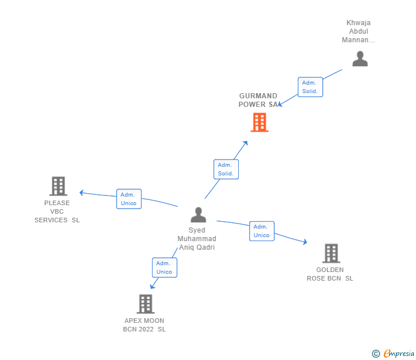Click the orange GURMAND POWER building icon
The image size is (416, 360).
[x=259, y=122]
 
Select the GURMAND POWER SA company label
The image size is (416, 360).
[x=258, y=100]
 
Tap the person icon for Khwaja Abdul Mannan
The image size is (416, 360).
[x=360, y=59]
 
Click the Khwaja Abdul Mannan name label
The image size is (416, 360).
[x=358, y=31]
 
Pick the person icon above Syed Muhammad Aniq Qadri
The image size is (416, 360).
[x=198, y=215]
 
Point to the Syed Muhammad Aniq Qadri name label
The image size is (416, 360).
[x=197, y=238]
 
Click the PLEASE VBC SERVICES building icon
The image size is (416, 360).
[x=58, y=186]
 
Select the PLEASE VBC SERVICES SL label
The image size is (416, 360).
[x=57, y=211]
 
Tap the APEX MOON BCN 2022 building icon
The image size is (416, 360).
[x=146, y=304]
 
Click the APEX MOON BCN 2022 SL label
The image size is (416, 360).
[x=145, y=325]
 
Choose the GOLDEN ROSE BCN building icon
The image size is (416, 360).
[x=331, y=253]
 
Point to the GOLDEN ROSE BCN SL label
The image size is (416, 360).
[x=330, y=274]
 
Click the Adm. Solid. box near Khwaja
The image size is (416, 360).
[x=310, y=87]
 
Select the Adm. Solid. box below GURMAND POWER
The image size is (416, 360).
[x=226, y=169]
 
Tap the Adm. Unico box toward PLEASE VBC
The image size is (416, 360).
[x=129, y=199]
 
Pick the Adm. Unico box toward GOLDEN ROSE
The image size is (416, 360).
[x=262, y=231]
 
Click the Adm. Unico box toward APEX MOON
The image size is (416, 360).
[x=165, y=267]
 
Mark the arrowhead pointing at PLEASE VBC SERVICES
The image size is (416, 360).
[x=82, y=193]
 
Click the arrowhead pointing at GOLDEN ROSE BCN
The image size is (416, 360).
[x=305, y=241]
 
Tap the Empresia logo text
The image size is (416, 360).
[x=398, y=353]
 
